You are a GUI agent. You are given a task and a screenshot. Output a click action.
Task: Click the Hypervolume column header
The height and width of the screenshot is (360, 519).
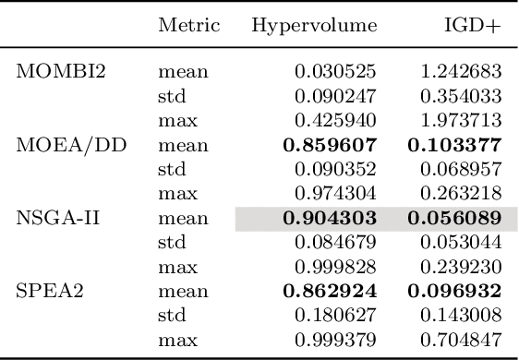314,26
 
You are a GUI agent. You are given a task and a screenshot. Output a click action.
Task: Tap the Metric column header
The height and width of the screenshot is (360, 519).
188,26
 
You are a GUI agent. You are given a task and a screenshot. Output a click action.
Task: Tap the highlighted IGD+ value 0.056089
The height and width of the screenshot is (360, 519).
454,219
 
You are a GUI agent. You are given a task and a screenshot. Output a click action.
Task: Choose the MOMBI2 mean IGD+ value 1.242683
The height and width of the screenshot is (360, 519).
460,71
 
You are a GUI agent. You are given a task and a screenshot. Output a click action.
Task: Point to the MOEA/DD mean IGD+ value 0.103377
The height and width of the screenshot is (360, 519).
454,145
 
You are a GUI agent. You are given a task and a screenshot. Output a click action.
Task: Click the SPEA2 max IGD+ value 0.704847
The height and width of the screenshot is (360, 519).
460,342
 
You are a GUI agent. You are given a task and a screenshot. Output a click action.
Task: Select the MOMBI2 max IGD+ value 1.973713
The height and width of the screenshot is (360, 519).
460,120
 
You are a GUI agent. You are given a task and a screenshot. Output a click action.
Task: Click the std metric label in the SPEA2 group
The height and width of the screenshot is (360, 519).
172,317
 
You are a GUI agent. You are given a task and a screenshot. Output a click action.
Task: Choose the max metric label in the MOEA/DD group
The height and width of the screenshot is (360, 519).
175,194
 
